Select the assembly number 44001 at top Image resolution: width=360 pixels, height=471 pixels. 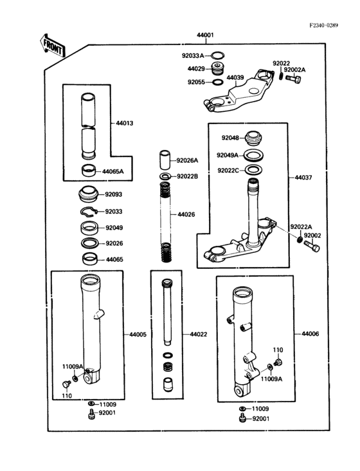click(x=205, y=35)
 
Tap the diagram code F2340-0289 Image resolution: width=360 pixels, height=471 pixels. click(x=324, y=25)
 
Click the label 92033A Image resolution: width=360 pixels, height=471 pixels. click(x=193, y=55)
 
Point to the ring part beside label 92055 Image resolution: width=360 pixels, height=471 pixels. click(x=217, y=82)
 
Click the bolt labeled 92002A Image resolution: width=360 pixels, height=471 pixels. click(x=293, y=79)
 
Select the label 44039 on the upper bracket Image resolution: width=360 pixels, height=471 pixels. click(x=235, y=77)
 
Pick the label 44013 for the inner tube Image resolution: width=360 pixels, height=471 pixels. click(x=125, y=123)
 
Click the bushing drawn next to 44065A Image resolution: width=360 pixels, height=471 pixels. click(x=89, y=171)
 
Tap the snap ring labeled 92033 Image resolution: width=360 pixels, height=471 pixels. click(x=89, y=212)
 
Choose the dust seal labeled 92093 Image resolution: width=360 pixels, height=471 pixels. click(x=89, y=194)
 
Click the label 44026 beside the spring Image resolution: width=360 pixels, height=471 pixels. click(x=186, y=214)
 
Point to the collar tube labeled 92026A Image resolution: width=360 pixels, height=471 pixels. click(x=165, y=160)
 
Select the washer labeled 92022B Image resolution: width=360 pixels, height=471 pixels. click(x=165, y=176)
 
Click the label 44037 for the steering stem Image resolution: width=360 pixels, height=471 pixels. click(x=303, y=178)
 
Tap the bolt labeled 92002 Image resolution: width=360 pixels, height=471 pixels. click(x=312, y=246)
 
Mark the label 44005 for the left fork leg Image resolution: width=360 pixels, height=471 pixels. click(x=138, y=335)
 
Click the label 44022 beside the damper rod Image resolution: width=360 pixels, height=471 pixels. click(x=199, y=335)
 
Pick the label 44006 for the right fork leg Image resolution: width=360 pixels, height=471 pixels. click(x=310, y=334)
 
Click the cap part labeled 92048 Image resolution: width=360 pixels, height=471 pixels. click(x=253, y=138)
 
